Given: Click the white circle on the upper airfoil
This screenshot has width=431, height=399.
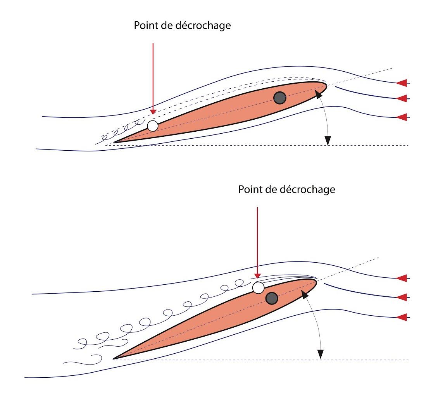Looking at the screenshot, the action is point(153,126).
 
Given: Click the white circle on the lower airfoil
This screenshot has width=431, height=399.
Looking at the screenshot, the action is point(259,288).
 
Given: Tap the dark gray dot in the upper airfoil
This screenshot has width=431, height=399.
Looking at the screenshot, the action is point(280,98).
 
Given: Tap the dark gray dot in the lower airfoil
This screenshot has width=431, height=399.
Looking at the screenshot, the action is point(272,298).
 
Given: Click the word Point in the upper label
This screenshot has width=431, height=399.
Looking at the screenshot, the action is point(146,25).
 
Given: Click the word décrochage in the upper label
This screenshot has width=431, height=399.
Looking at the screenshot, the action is point(203,26).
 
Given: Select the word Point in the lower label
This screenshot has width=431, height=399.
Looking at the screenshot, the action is point(250,189).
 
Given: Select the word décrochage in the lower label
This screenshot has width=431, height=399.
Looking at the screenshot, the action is point(307,189).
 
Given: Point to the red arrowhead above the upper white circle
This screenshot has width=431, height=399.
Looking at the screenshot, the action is point(153,111).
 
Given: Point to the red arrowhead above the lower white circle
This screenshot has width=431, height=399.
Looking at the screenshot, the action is point(257,275).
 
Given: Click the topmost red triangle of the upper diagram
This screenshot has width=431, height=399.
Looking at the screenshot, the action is point(402,83).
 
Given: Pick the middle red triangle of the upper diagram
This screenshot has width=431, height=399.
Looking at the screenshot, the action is point(402,98).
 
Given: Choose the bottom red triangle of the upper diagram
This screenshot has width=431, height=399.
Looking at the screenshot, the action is point(402,117).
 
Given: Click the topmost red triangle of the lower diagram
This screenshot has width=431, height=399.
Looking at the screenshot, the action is point(402,278).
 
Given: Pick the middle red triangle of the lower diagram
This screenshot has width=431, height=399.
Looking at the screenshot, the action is point(402,297).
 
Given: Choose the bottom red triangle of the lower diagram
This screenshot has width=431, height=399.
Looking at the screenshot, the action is point(402,317).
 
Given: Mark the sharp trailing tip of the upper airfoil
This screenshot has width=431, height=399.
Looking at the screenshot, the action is point(114,142).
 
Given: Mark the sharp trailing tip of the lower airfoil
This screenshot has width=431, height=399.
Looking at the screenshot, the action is point(113,359).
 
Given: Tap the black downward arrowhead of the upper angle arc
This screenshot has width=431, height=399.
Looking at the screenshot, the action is point(328,140).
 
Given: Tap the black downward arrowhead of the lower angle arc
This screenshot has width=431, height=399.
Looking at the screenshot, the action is point(320,354).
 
